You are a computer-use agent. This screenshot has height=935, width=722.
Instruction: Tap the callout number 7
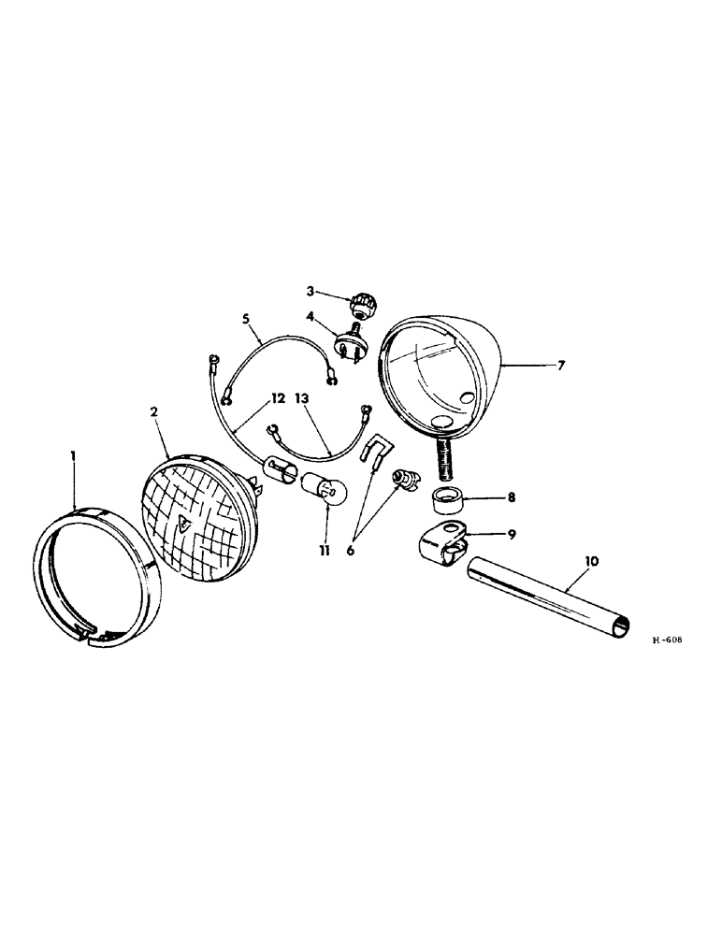[x=560, y=365]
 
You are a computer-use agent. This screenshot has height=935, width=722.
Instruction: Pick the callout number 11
[x=324, y=552]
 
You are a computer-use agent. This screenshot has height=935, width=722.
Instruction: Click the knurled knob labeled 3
[x=362, y=304]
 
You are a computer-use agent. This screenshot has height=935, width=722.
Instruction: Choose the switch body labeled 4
[x=354, y=338]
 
